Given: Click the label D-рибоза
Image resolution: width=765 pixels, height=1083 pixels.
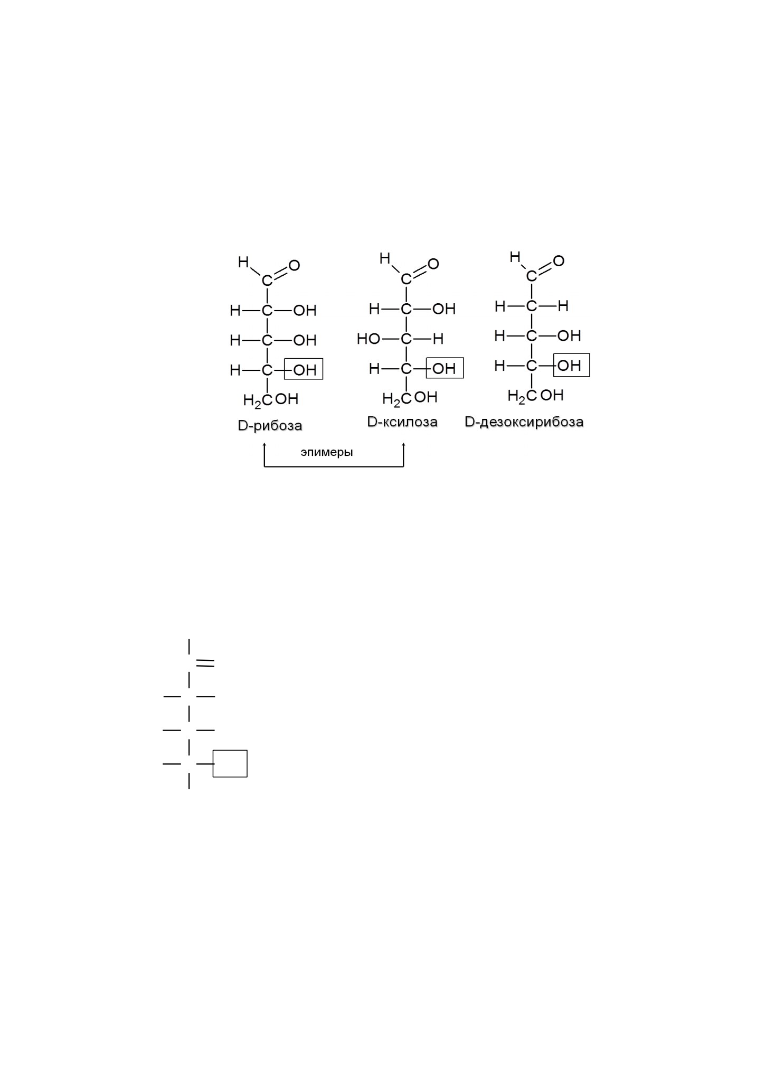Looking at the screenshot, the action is [270, 426].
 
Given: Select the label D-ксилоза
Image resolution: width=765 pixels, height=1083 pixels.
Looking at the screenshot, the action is [403, 422].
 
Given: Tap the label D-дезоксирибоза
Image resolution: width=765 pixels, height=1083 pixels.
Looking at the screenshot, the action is [524, 422].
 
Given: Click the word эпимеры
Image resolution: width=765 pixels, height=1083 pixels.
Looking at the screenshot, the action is [327, 453].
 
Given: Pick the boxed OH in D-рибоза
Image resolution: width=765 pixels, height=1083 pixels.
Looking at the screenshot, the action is [304, 369].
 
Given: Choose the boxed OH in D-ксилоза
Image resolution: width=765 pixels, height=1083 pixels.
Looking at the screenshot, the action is [445, 368].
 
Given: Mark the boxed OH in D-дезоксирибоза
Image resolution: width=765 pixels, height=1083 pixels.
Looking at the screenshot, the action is [572, 365].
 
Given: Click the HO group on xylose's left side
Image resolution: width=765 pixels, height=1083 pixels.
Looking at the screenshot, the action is [369, 339].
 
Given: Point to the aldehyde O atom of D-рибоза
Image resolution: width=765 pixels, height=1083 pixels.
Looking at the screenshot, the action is [294, 265].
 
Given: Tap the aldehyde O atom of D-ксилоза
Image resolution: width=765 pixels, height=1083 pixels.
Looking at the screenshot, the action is [433, 264].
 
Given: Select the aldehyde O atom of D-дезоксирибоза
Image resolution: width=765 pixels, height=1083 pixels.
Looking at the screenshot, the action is [559, 260].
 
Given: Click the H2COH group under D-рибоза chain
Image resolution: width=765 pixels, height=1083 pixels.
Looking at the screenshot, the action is [271, 400].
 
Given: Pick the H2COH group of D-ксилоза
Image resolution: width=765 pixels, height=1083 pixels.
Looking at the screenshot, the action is [410, 398].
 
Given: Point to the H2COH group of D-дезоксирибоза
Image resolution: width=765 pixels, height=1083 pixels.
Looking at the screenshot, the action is [536, 396].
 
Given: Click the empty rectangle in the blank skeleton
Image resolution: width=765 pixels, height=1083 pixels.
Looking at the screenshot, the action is [230, 750].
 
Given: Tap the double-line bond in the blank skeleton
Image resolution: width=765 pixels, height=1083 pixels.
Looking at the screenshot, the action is [205, 663].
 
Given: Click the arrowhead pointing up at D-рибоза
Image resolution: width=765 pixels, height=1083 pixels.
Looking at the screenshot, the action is [264, 446].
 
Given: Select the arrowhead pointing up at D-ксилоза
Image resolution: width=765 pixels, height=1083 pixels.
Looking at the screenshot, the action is [403, 446].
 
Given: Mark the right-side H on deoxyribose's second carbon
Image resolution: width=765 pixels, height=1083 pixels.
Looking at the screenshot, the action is [563, 306].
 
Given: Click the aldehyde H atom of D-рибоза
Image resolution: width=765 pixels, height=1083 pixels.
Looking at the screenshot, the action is [243, 262].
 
